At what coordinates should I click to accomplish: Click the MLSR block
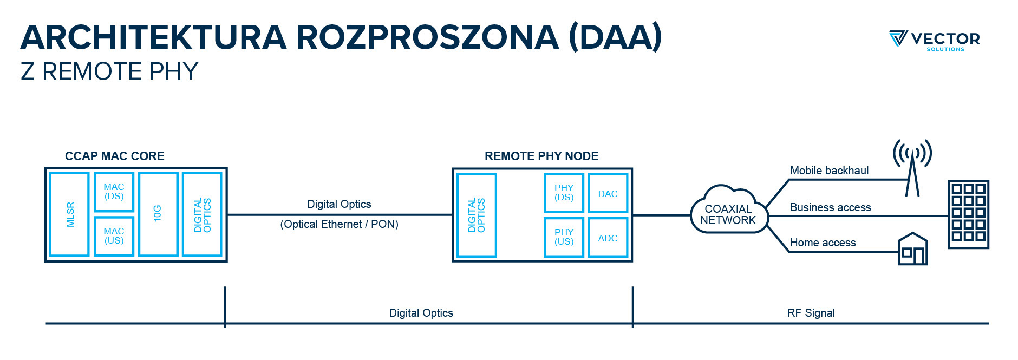69,214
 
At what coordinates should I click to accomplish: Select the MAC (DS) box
114,192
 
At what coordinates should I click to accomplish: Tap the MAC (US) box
114,236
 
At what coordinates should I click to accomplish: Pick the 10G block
158,214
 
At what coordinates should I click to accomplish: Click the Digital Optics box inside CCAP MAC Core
202,214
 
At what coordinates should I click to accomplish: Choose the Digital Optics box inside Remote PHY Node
477,215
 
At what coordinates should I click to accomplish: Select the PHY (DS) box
564,193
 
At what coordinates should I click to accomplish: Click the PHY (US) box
564,237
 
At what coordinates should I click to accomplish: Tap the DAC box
608,193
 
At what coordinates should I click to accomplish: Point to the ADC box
608,237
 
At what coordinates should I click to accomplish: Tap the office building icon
968,214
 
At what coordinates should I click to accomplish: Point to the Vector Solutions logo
935,40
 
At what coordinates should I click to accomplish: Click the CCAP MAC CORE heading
115,156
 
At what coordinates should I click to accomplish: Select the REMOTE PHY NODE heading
541,156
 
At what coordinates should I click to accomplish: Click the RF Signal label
811,313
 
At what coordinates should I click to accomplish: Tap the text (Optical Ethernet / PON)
339,224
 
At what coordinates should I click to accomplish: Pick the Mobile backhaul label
829,171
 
